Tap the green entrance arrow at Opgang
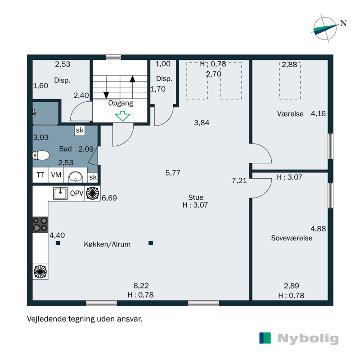click(x=122, y=116)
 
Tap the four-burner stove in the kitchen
click(x=40, y=224)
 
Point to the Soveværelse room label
click(x=291, y=238)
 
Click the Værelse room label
click(x=290, y=114)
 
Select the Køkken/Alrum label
click(x=107, y=244)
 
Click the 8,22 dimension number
click(x=141, y=285)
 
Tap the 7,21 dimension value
click(x=239, y=181)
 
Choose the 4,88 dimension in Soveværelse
click(x=318, y=228)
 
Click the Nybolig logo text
click(x=308, y=338)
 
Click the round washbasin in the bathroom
click(x=75, y=176)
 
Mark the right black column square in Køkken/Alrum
click(x=151, y=243)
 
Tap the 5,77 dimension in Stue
click(x=173, y=172)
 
